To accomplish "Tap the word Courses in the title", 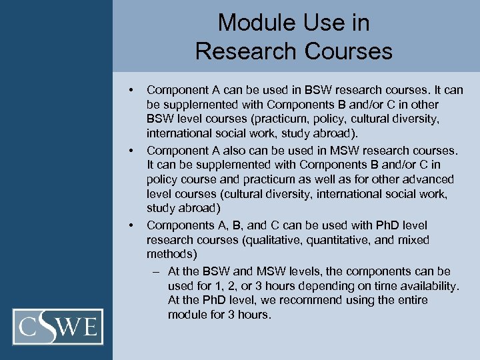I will click(x=351, y=51).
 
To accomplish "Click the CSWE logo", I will click(x=61, y=327).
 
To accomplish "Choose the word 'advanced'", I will click(x=429, y=179).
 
